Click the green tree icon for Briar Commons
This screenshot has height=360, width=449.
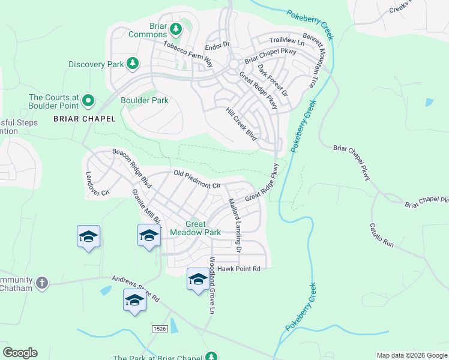point(176,29)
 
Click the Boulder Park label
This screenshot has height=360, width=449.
point(145,100)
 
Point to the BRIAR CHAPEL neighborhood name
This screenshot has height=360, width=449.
point(84,118)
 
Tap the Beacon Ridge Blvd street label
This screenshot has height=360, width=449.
point(131,166)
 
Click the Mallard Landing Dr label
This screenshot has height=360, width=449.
point(234,224)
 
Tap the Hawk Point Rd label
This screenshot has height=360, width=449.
point(239,269)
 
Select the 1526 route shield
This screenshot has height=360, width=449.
point(159,329)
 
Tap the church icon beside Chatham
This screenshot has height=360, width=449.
point(41,282)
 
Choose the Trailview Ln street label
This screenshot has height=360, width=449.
point(287,40)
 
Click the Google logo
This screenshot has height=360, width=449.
point(20,353)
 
